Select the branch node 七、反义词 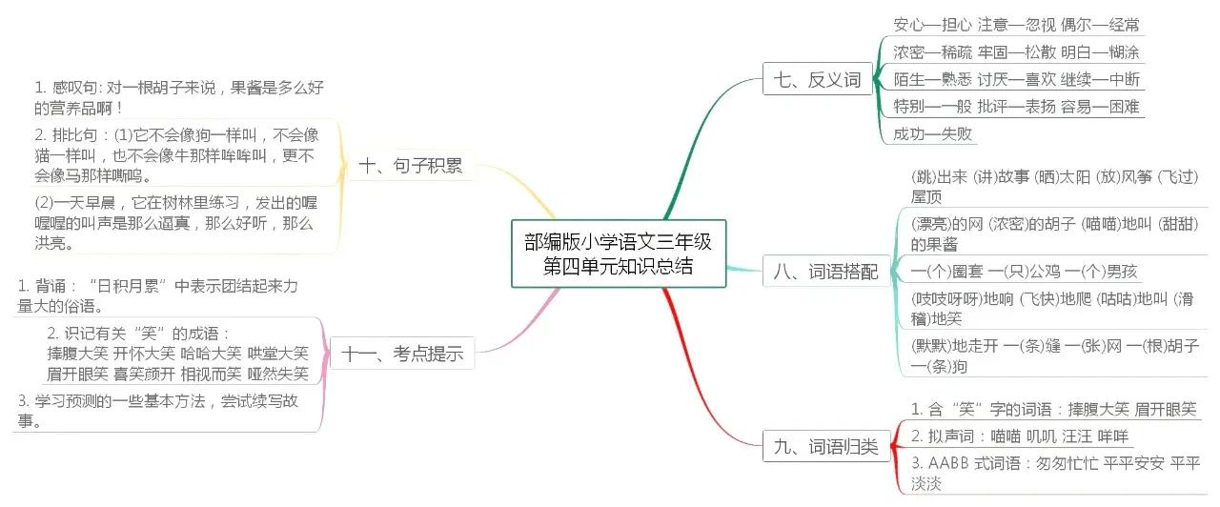pyautogui.click(x=813, y=79)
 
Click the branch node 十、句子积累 pyautogui.click(x=411, y=166)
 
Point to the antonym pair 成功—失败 pyautogui.click(x=932, y=133)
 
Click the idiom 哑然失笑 pyautogui.click(x=278, y=374)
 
